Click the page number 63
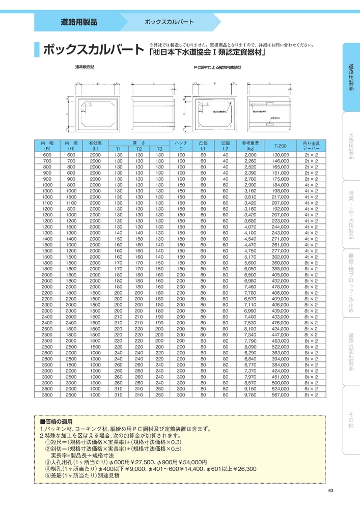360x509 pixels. point(331,491)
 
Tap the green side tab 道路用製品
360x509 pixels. point(351,77)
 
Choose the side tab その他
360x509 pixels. point(351,421)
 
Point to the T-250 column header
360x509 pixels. point(280,146)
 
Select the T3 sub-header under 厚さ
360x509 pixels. point(159,149)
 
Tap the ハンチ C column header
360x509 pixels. point(181,146)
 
